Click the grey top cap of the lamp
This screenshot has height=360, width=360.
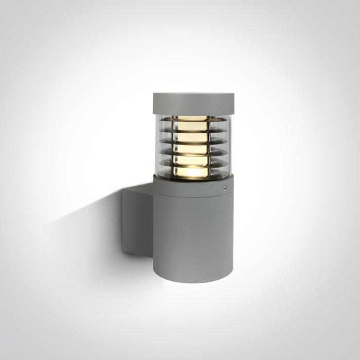[x=193, y=103]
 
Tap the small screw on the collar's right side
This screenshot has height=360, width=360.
[x=225, y=189]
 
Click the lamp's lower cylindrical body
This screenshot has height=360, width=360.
[x=193, y=237]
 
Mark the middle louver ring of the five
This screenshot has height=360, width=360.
[x=193, y=145]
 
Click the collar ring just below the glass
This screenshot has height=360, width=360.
[x=193, y=188]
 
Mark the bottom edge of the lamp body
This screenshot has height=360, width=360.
[x=193, y=281]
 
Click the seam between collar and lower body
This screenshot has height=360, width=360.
[x=193, y=197]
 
